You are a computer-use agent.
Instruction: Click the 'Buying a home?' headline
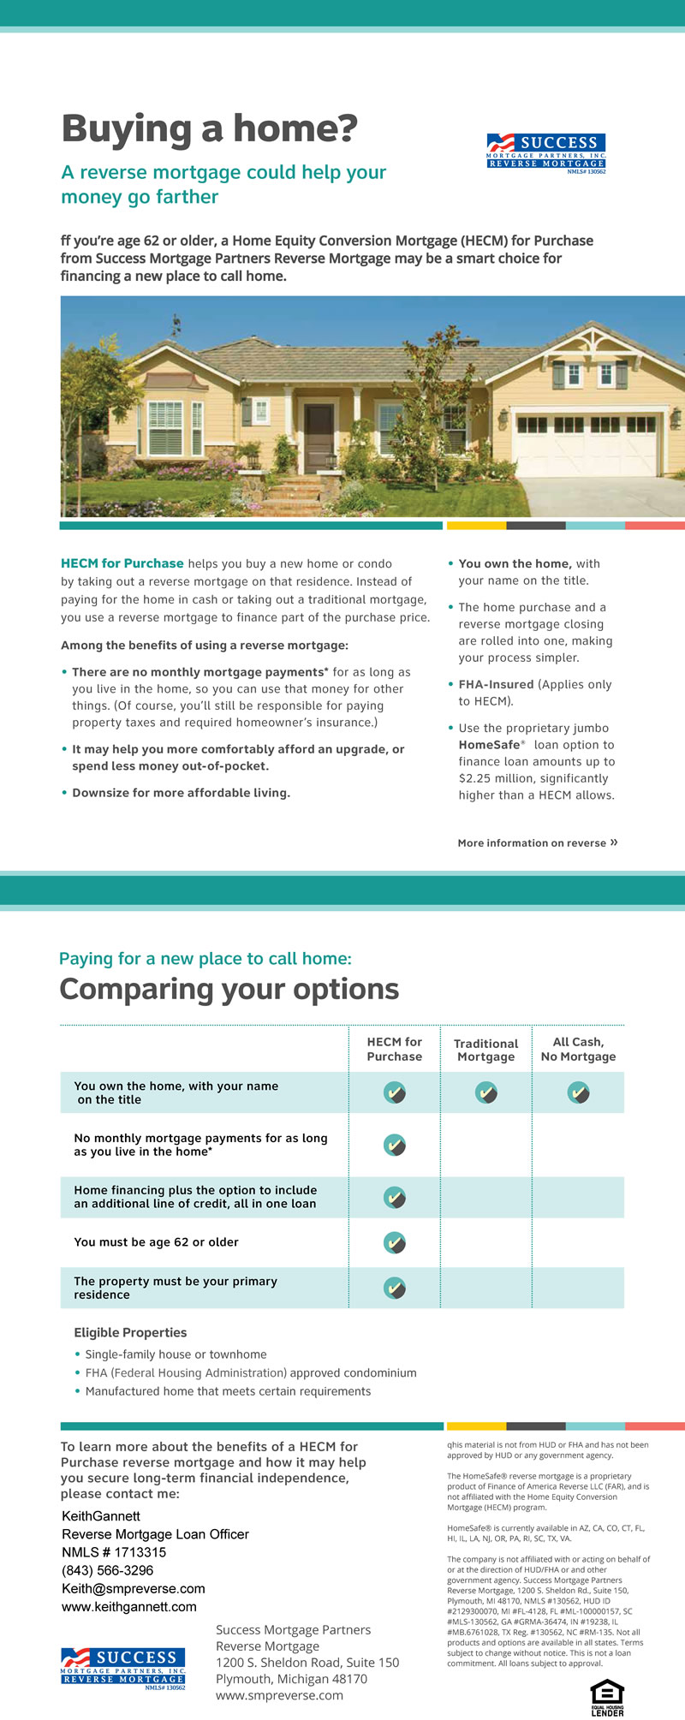tap(210, 130)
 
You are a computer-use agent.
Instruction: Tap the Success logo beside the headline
tap(545, 152)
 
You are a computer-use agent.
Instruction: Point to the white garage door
tap(587, 446)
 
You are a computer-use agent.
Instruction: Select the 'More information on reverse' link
tap(537, 843)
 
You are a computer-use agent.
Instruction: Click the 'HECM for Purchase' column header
tap(395, 1050)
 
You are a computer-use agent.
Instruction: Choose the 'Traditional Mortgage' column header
tap(485, 1050)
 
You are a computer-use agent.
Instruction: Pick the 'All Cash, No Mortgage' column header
tap(578, 1050)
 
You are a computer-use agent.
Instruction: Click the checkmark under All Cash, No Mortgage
tap(579, 1092)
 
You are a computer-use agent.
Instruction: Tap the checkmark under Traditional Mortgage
tap(486, 1092)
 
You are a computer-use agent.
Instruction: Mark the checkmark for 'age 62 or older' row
tap(394, 1242)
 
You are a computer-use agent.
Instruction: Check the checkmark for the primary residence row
tap(394, 1288)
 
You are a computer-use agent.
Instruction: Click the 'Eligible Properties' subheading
tap(130, 1333)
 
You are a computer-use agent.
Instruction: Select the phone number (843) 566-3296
tap(108, 1571)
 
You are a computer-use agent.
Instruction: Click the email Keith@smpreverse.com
tap(134, 1589)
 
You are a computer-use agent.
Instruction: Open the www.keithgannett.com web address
tap(129, 1607)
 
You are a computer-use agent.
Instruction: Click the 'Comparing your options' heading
tap(229, 990)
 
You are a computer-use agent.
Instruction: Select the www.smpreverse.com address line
tap(279, 1695)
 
